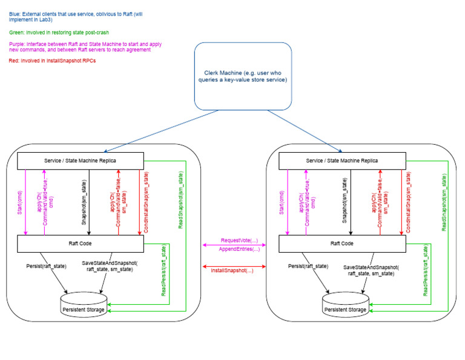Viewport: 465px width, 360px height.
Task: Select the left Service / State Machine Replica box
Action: [x=81, y=160]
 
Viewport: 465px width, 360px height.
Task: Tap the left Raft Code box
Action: [x=81, y=243]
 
